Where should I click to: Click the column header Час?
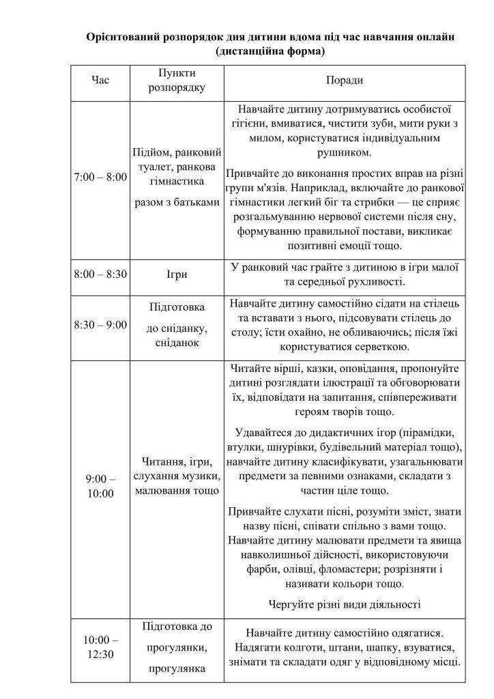(100, 80)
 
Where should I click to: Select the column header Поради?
(344, 80)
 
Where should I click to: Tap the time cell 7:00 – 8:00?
(100, 177)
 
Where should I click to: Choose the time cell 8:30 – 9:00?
(100, 324)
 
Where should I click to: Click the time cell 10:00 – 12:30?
(100, 648)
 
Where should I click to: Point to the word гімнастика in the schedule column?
(177, 183)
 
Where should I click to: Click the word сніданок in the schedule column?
(177, 343)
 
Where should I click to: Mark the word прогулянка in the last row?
(177, 670)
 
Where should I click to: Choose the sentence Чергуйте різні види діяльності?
(344, 603)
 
